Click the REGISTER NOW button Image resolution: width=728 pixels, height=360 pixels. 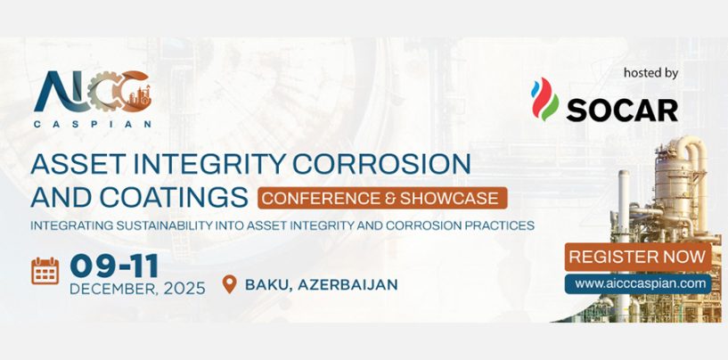638,257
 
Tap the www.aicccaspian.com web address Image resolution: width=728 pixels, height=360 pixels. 638,284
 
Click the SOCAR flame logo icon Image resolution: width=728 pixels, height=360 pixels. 545,99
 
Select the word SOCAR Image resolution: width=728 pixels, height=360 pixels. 622,110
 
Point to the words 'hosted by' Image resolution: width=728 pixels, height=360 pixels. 651,73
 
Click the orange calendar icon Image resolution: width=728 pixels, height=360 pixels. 45,270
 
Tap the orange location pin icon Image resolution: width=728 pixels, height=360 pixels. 229,284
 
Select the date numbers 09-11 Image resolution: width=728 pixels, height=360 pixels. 114,266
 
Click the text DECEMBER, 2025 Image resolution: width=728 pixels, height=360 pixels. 137,289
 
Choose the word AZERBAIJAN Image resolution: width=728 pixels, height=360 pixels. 348,284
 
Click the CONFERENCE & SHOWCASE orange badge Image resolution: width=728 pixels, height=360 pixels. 382,198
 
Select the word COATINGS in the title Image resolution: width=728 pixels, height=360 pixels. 174,197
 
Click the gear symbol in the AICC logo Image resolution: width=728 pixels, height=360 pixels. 103,91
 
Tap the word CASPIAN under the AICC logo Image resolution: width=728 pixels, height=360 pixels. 93,125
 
